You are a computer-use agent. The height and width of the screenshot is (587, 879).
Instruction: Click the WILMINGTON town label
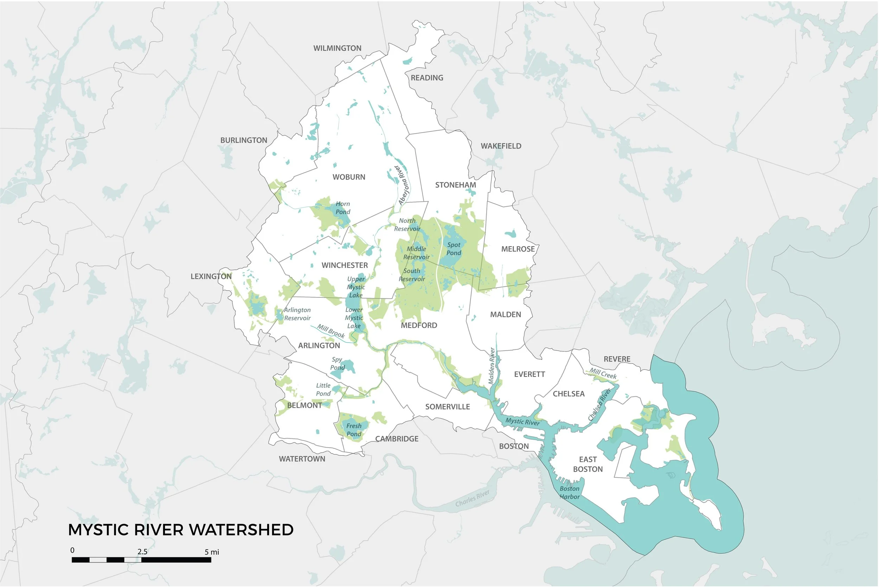337,48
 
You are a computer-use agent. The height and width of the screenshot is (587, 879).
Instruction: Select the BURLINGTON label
244,140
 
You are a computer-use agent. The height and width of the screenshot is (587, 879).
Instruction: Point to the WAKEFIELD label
501,146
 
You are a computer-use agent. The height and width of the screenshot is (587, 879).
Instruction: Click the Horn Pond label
342,208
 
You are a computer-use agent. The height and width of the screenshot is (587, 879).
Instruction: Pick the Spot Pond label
454,249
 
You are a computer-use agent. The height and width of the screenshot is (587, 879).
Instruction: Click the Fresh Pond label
354,430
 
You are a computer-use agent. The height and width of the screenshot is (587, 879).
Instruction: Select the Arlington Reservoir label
297,314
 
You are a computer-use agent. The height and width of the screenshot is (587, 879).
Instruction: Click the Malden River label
492,366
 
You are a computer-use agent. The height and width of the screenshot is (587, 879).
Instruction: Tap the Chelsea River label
599,404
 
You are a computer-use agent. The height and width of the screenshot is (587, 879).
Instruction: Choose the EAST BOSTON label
588,464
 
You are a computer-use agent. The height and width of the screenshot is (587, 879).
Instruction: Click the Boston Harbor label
569,493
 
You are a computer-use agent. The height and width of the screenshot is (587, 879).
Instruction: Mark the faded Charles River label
473,498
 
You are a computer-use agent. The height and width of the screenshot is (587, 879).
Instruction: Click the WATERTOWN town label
302,459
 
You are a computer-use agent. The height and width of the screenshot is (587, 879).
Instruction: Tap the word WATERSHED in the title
241,530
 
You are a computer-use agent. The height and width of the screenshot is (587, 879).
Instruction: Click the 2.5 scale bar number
142,552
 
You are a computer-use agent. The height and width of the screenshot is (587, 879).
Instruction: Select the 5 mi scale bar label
212,552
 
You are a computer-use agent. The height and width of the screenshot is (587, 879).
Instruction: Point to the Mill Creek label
603,373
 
